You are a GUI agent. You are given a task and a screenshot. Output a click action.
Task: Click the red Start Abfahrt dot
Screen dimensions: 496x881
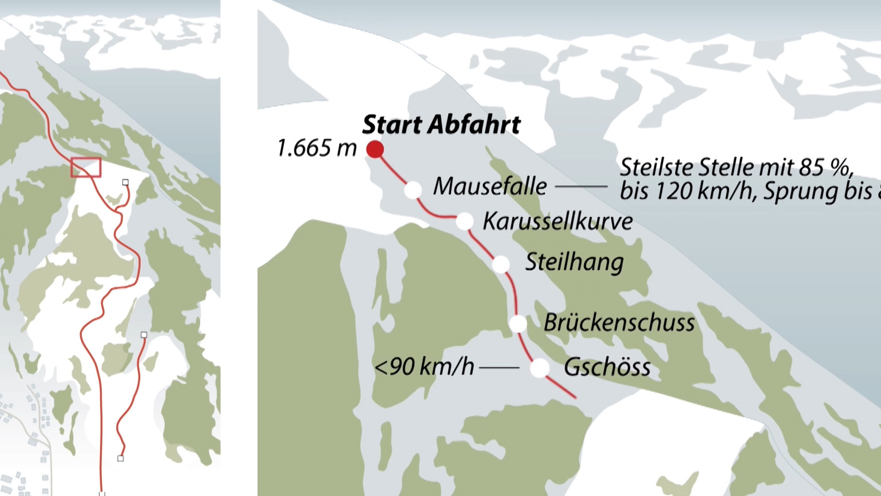(375, 149)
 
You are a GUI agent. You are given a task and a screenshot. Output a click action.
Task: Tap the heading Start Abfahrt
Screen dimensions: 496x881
(441, 125)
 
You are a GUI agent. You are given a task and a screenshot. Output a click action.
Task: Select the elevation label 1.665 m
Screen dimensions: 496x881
(317, 148)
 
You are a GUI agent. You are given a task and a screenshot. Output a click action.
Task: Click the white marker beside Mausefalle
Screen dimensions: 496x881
(413, 190)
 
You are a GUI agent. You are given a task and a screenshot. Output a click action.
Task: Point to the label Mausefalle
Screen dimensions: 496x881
(490, 186)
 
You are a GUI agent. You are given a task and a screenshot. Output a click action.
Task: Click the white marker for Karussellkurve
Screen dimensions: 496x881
(465, 221)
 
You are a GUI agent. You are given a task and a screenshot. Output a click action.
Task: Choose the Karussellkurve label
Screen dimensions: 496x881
(557, 221)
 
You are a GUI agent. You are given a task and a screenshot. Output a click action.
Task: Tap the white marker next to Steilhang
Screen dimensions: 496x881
(501, 265)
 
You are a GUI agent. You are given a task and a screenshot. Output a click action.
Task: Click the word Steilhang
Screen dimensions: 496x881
(574, 262)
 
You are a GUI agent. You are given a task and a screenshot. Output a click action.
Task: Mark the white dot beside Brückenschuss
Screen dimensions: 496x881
(518, 324)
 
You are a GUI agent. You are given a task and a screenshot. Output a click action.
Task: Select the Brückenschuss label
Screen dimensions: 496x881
(619, 322)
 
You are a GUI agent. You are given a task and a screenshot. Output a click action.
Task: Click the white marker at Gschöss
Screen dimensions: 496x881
(540, 368)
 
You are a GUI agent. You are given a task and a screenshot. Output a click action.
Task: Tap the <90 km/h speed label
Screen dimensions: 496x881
(424, 366)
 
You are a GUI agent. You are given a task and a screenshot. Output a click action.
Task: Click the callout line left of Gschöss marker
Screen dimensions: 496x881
(499, 368)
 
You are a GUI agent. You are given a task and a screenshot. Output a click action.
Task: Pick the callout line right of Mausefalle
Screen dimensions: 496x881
(581, 187)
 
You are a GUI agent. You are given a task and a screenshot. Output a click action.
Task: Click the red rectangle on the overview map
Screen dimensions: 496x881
(86, 168)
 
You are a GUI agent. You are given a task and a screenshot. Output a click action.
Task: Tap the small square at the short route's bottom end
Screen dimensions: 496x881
(121, 458)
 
